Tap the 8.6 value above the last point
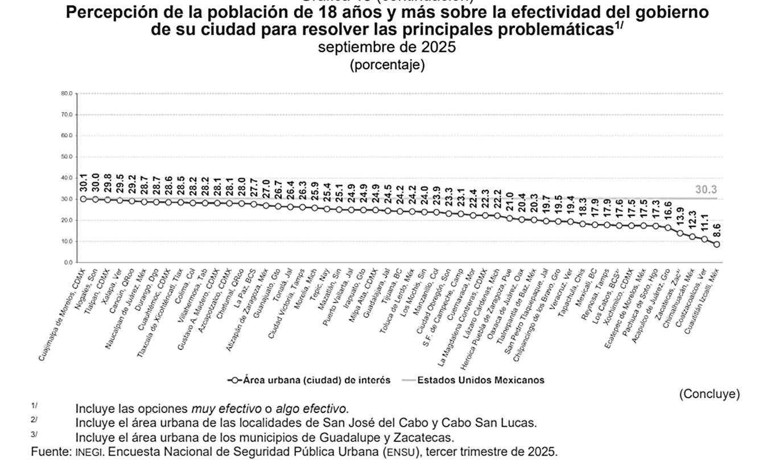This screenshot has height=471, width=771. (x=717, y=231)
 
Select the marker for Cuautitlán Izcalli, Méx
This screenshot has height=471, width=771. (x=717, y=245)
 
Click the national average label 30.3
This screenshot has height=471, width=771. (x=706, y=190)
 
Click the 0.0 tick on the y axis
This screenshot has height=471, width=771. (x=68, y=262)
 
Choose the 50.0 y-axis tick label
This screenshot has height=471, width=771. (x=67, y=157)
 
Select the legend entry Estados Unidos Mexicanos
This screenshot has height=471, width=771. (x=481, y=381)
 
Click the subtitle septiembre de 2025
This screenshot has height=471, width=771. (x=387, y=48)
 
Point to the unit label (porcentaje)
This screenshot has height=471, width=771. (x=387, y=65)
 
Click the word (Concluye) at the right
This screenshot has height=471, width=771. (x=709, y=394)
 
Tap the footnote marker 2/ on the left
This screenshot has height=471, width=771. (x=35, y=420)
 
